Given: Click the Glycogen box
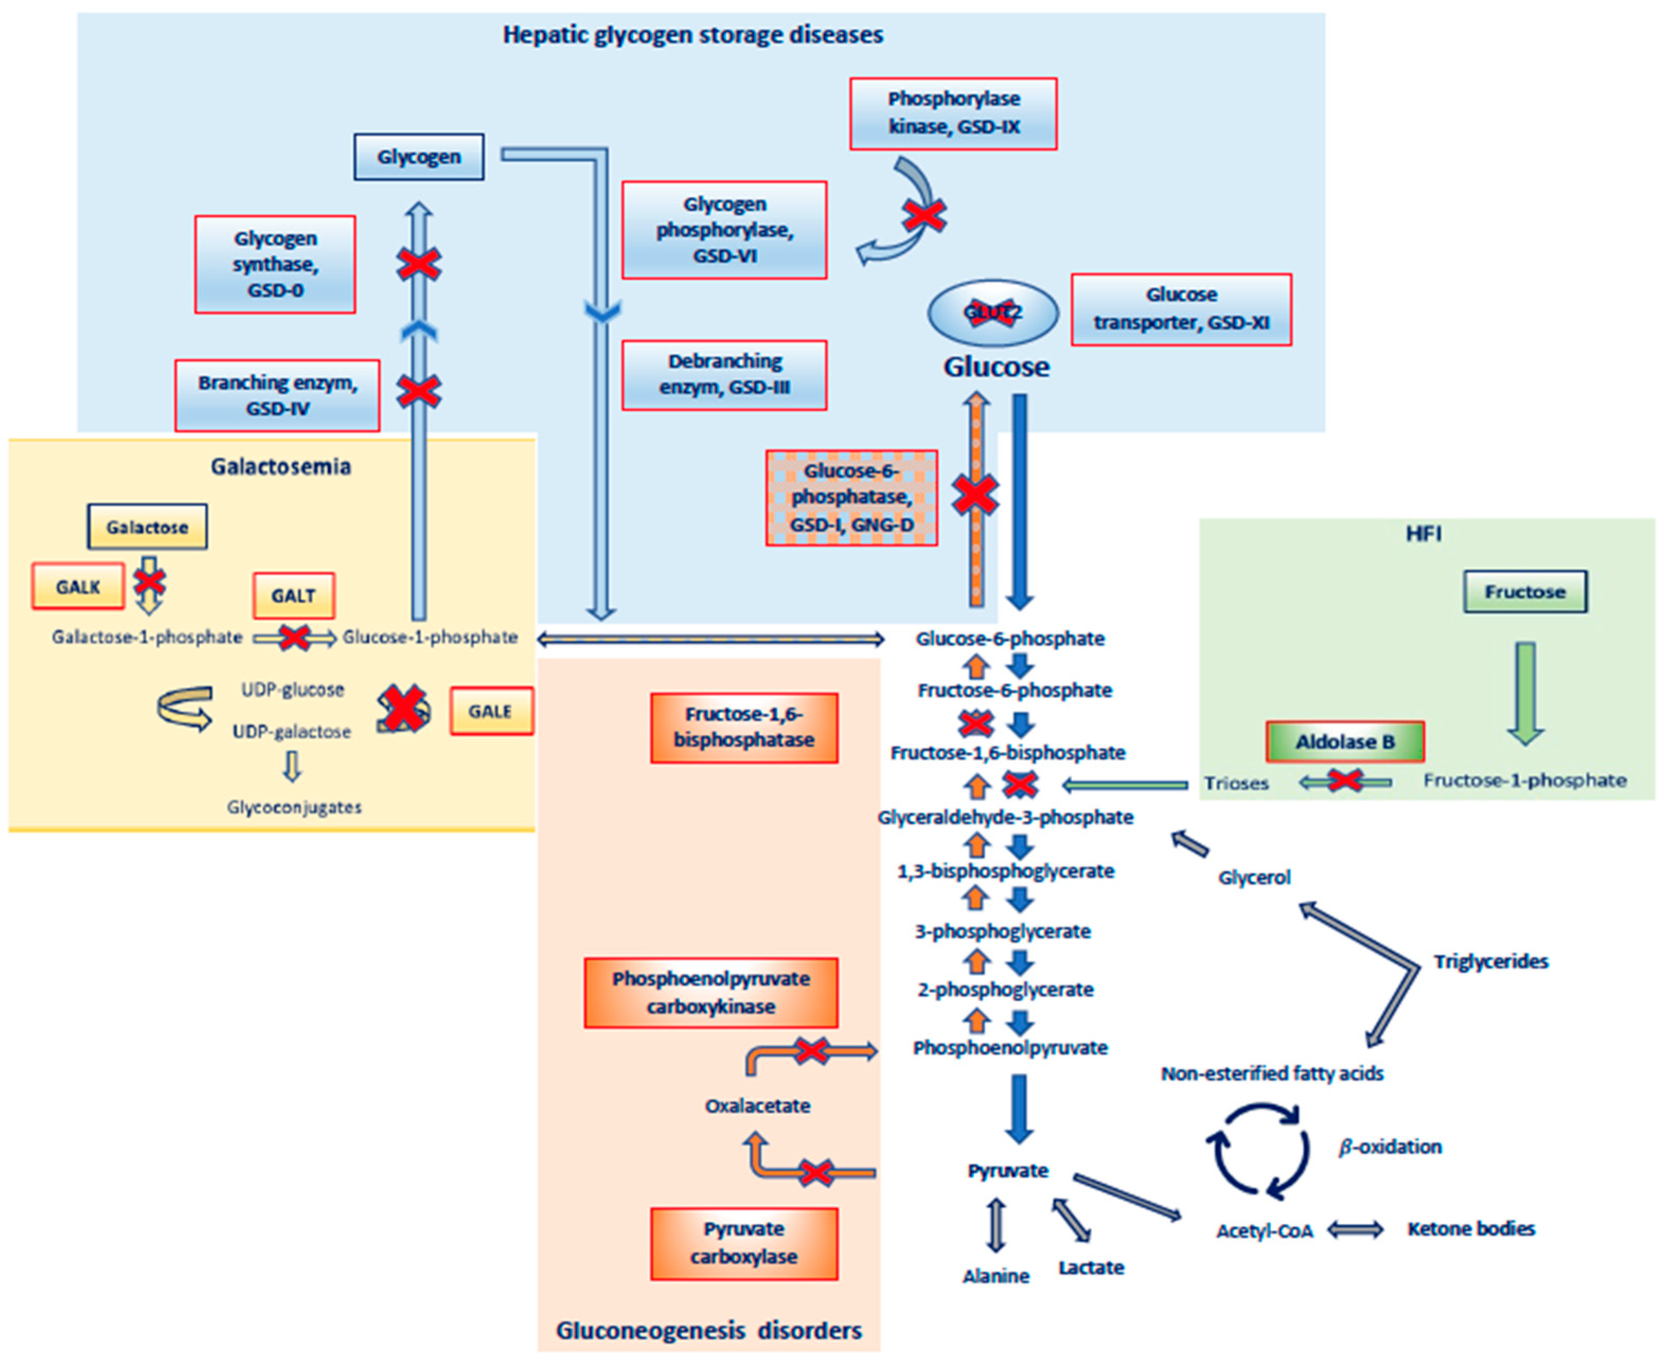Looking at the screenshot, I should click(x=419, y=157).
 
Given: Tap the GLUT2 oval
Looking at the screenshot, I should click(x=993, y=313).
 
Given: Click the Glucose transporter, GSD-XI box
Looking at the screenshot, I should click(x=1180, y=309).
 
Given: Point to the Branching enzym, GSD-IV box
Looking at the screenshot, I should click(x=277, y=395).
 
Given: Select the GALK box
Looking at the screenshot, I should click(x=77, y=587).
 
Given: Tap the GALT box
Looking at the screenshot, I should click(x=293, y=596).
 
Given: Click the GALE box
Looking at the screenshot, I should click(x=491, y=711).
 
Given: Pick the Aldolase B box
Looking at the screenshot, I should click(x=1344, y=741).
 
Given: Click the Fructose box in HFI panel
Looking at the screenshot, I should click(x=1524, y=592).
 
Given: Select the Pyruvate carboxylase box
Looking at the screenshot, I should click(x=744, y=1243).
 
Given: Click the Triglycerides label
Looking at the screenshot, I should click(x=1490, y=961).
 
